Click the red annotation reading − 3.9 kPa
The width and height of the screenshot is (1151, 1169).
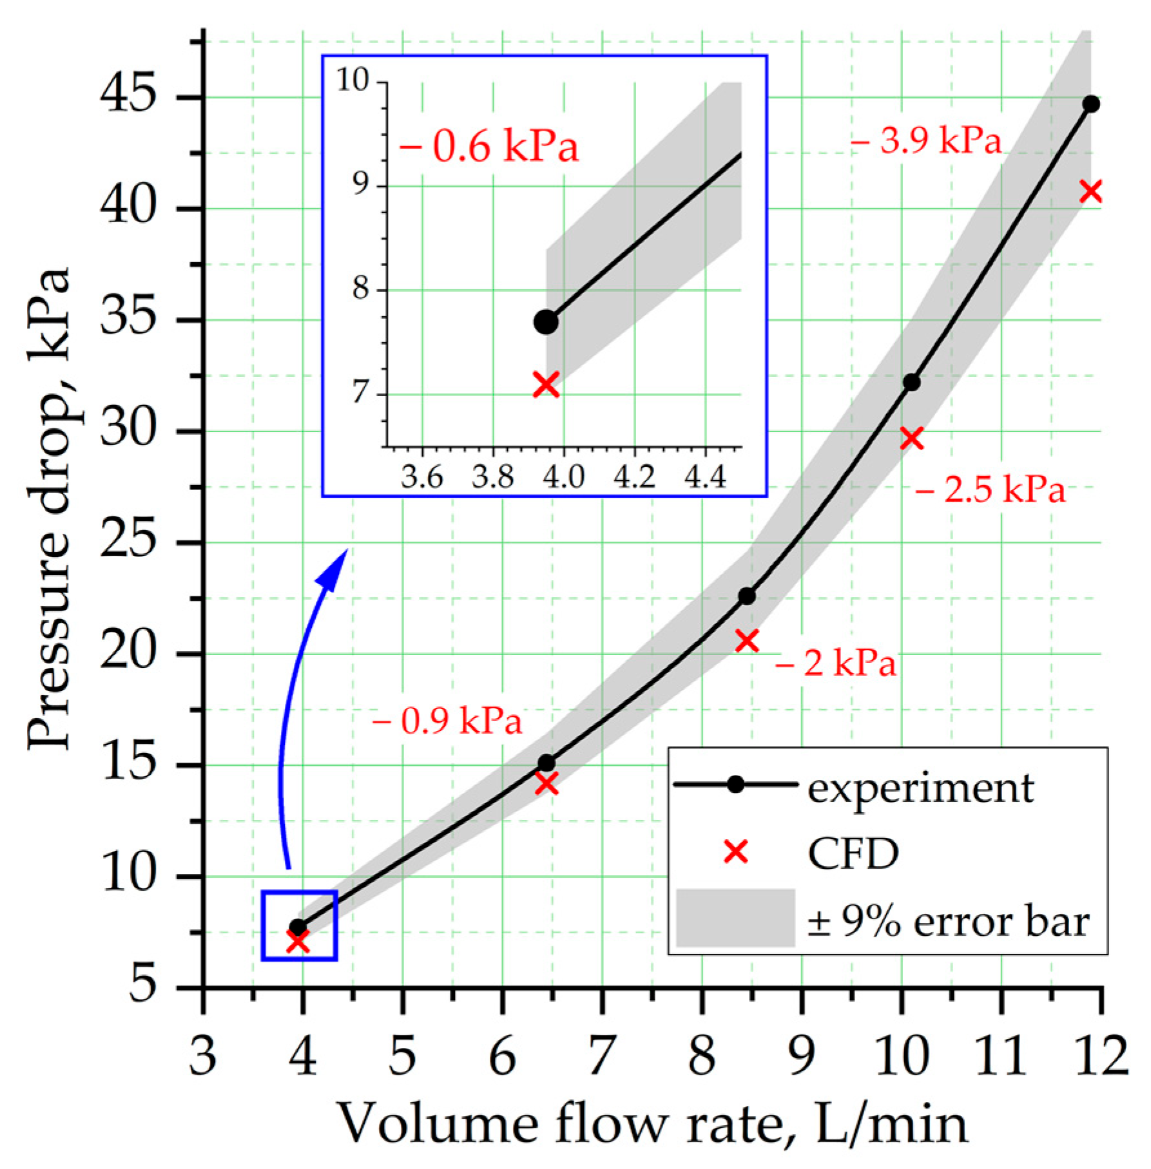925,140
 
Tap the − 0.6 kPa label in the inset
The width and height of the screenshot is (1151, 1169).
489,147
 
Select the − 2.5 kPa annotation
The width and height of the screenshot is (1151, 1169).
990,490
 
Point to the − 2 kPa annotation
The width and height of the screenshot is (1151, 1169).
836,663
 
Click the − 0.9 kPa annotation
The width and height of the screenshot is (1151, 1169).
447,721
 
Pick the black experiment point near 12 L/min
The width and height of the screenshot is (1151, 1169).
1090,104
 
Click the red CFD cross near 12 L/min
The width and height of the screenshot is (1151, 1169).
1090,191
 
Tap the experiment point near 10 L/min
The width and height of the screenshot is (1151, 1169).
911,382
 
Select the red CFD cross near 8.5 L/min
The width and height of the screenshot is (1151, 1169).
747,641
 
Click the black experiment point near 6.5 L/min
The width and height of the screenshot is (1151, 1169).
546,763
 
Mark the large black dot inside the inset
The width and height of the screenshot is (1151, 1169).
546,321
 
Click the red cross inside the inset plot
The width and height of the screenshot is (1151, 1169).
546,385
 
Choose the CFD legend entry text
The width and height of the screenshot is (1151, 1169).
853,855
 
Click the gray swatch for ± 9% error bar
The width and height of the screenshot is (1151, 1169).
735,918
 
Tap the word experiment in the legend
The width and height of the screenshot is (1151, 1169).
920,788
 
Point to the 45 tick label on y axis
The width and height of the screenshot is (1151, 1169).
128,97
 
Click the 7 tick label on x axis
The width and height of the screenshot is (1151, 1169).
601,1056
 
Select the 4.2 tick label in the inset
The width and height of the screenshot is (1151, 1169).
634,478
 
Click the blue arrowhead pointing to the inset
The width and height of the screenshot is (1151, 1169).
333,567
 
